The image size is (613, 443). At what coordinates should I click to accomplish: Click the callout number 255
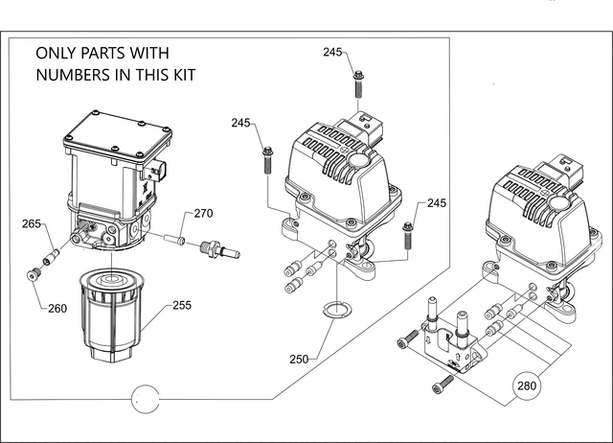coord(182,305)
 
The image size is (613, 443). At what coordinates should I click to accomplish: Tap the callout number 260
coord(57,309)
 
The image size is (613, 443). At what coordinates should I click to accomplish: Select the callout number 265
coord(32,223)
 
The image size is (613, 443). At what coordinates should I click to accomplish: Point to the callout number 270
coord(204,213)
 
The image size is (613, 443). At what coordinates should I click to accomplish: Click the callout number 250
coord(299,359)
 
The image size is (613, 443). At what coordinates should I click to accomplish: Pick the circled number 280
coord(527,385)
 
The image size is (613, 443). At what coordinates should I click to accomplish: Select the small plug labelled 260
coord(34,274)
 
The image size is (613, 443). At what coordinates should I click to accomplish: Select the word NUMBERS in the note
coord(74,75)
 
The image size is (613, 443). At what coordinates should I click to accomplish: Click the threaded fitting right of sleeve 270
coord(219,250)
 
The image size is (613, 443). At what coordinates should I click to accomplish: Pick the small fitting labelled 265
coord(51,257)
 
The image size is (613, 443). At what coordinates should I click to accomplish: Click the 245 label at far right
coord(437,203)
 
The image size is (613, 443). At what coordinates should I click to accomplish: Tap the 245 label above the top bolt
coord(332,52)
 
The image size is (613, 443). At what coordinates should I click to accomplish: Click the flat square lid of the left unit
coord(117,135)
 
